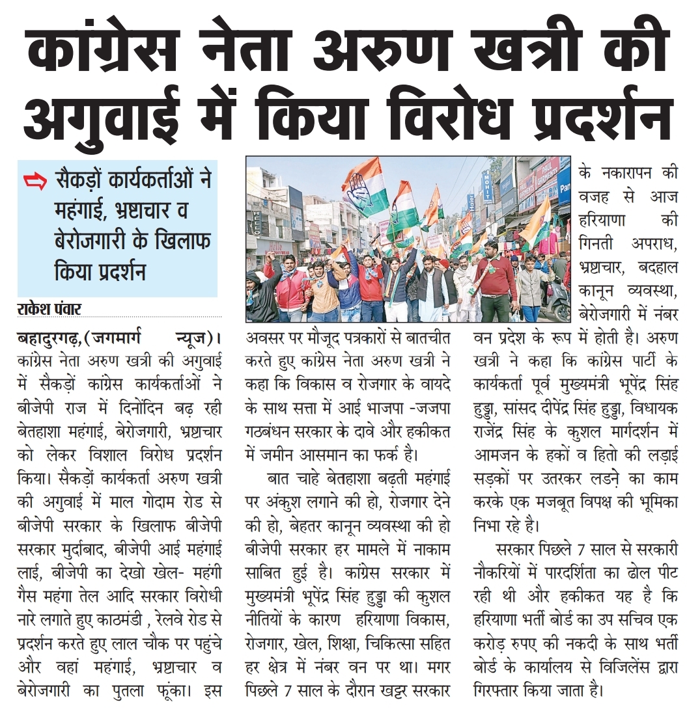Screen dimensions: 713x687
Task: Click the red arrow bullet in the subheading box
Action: point(35,182)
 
